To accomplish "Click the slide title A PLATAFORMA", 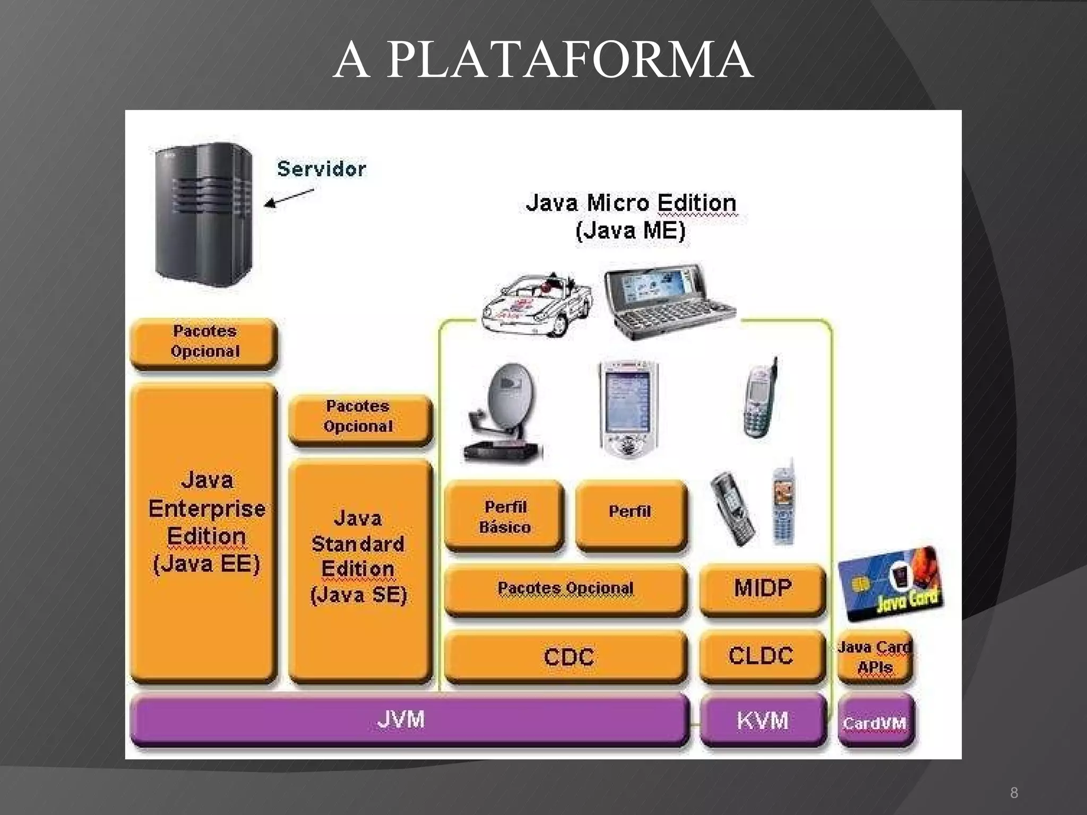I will [x=542, y=60].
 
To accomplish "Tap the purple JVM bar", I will [x=409, y=720].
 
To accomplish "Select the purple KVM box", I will [x=763, y=721].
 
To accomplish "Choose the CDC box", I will [x=566, y=656].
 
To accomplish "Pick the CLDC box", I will [x=762, y=656].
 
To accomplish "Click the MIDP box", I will [x=762, y=588].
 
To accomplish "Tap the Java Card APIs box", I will [x=875, y=657].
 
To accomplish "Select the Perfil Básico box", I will [x=504, y=517].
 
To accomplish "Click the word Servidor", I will [x=322, y=169].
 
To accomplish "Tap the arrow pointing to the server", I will [x=289, y=198].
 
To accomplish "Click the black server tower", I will [x=204, y=215].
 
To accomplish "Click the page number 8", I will [x=1014, y=793].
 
